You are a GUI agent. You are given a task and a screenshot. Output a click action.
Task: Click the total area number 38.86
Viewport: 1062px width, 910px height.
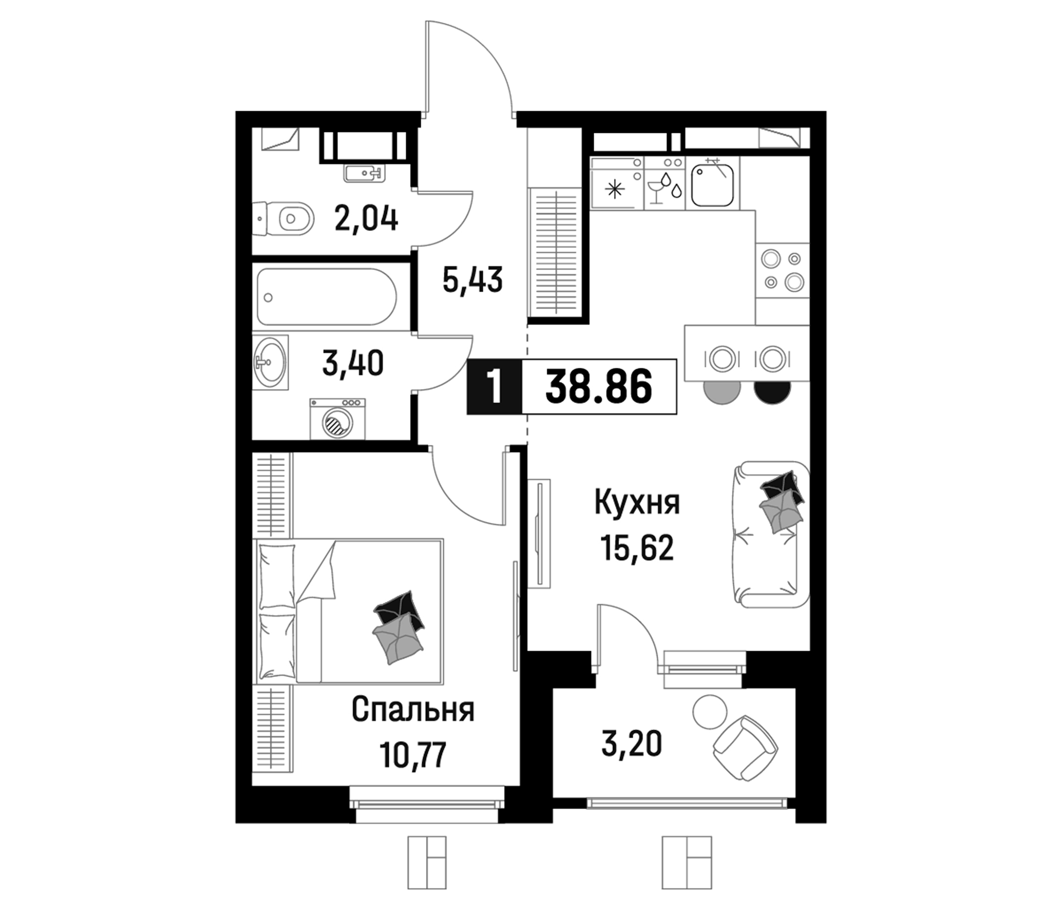[599, 387]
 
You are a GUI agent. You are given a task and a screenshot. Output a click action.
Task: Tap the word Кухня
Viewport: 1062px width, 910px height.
[637, 503]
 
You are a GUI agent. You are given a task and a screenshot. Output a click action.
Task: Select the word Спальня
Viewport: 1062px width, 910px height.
[413, 710]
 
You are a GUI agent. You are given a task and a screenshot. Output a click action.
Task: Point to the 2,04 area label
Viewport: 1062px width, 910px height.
[366, 219]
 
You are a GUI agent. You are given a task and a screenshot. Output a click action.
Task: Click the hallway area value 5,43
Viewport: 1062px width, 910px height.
[472, 280]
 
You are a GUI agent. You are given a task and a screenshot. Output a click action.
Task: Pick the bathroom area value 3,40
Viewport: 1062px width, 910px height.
[352, 363]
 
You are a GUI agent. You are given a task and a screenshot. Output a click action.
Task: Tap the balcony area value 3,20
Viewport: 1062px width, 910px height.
[632, 744]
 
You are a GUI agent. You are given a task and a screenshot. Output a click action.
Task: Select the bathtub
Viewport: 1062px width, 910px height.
[327, 297]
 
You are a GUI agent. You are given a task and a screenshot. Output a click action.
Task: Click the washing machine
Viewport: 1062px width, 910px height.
[337, 419]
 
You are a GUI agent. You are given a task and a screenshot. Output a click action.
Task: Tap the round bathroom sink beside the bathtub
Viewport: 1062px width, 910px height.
[269, 362]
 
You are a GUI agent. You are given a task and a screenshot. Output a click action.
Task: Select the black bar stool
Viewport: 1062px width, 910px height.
[771, 391]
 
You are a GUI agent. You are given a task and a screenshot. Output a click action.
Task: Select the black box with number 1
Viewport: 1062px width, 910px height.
[494, 387]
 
